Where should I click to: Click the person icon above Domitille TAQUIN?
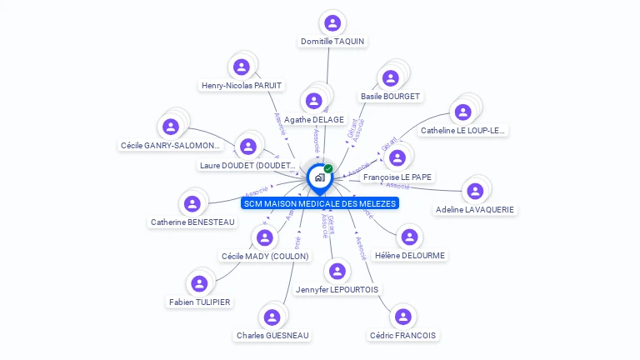(332, 22)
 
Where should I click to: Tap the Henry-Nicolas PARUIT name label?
(242, 85)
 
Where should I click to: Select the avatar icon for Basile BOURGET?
(390, 78)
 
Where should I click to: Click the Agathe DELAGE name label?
(314, 120)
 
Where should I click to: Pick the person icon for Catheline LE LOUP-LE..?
(461, 112)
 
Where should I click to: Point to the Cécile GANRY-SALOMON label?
(171, 145)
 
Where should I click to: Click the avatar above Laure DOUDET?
(247, 147)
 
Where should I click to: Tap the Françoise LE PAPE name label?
(397, 177)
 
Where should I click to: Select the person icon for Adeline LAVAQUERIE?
(475, 191)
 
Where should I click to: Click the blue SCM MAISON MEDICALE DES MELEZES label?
(320, 203)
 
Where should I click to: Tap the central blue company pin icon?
(318, 177)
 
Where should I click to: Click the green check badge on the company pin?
(328, 169)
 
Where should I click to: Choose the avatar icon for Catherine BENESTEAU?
(192, 203)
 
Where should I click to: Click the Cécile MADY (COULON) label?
(265, 256)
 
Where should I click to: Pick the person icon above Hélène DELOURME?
(410, 237)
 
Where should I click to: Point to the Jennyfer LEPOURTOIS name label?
(337, 289)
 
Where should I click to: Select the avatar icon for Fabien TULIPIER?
(199, 283)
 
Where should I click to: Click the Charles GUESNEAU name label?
(272, 335)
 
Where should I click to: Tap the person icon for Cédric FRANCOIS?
(403, 317)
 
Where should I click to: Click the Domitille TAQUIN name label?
(332, 41)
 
